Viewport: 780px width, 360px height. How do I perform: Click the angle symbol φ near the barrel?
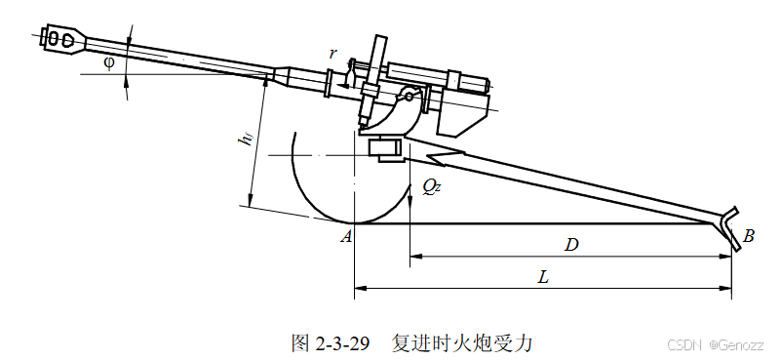[108, 63]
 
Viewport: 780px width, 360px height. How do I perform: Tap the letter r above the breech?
[332, 54]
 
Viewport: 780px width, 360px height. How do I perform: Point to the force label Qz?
[431, 186]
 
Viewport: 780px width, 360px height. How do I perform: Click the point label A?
[346, 236]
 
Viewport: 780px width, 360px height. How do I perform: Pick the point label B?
[748, 236]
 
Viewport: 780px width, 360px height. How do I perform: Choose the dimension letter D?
[572, 245]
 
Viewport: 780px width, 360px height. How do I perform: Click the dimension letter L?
[543, 277]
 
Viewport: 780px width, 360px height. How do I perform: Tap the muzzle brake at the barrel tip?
[62, 38]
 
